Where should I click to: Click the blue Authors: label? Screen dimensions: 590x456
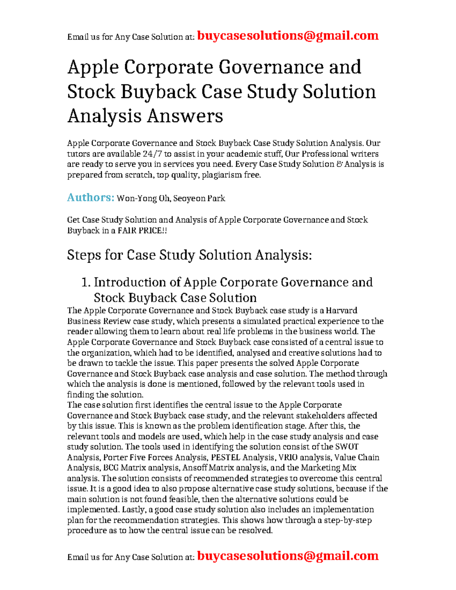pyautogui.click(x=90, y=198)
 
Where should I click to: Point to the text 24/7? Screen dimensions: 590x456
pyautogui.click(x=152, y=154)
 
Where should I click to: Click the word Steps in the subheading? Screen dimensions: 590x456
pyautogui.click(x=84, y=255)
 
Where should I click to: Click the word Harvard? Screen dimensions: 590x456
pyautogui.click(x=341, y=310)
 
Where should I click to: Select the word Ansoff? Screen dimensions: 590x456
pyautogui.click(x=196, y=468)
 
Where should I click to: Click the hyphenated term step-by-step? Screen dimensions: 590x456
pyautogui.click(x=347, y=520)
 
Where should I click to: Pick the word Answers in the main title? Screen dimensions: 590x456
pyautogui.click(x=185, y=116)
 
